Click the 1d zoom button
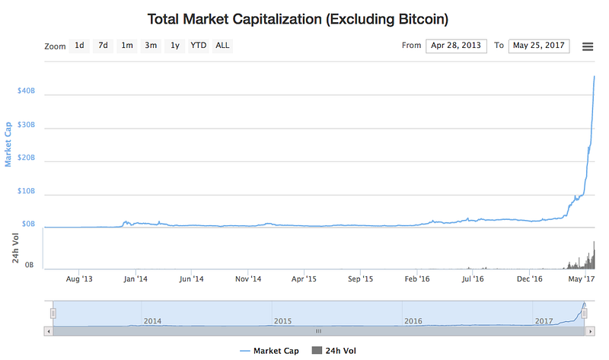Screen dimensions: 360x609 point(79,46)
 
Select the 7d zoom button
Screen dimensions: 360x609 point(103,46)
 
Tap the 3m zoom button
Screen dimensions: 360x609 point(151,46)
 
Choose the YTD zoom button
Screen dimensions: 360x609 point(198,46)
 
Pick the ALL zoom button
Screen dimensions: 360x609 point(222,46)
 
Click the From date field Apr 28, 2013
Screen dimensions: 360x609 point(456,46)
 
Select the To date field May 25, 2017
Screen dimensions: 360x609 point(538,46)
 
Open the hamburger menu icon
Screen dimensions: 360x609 point(588,46)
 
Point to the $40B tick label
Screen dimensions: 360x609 point(26,91)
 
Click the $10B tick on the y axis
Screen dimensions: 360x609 point(26,192)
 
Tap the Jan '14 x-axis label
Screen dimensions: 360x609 point(136,279)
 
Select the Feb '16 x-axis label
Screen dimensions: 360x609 point(417,279)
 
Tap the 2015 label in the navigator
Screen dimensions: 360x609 point(282,321)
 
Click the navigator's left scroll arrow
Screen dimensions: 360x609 point(49,331)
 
